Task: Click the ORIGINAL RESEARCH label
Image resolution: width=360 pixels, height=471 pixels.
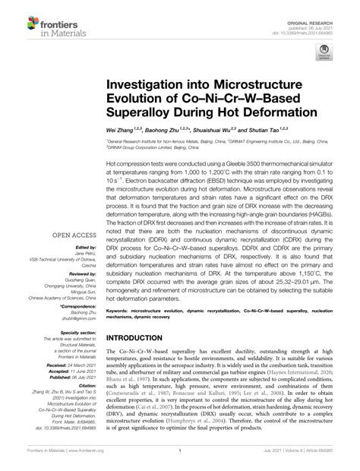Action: click(319, 7)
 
